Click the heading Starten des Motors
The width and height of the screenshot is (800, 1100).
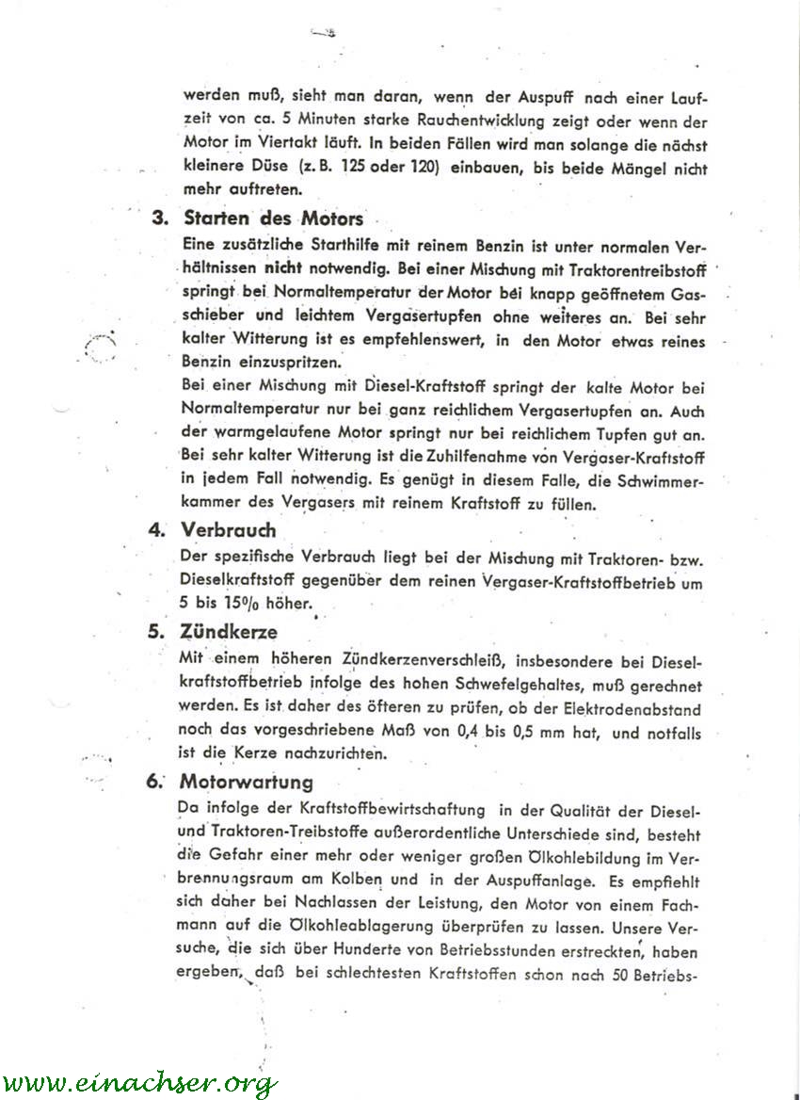273,218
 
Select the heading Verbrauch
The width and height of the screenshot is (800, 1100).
229,529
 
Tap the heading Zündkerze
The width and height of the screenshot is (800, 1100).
230,632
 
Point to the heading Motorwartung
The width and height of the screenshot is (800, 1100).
247,782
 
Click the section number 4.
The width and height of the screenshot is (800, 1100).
156,529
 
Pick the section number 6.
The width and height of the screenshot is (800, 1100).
156,782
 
